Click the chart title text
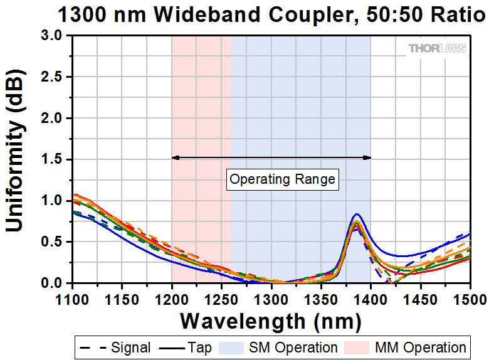(x=263, y=14)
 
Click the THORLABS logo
(x=437, y=48)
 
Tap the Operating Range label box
(x=283, y=179)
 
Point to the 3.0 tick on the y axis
(x=53, y=36)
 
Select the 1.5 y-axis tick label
(x=53, y=159)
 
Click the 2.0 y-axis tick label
(x=53, y=119)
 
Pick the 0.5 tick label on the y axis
(x=53, y=242)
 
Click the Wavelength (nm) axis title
(x=271, y=322)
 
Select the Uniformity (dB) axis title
(x=17, y=159)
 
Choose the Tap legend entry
(x=187, y=347)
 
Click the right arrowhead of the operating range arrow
(x=368, y=157)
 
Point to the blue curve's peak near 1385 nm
(x=357, y=214)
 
